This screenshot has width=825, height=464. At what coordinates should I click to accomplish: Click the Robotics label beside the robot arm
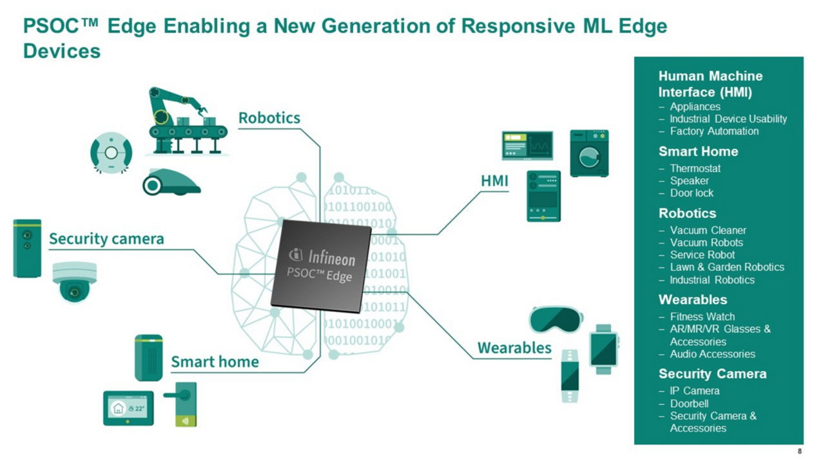click(x=269, y=118)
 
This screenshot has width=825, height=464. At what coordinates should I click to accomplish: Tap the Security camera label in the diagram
click(x=107, y=239)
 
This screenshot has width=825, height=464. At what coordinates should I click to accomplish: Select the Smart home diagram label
click(x=215, y=362)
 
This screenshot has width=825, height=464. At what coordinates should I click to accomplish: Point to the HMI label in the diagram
click(x=495, y=182)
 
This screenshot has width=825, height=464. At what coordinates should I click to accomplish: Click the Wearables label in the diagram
click(x=514, y=348)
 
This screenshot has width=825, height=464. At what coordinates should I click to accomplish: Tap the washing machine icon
click(x=589, y=153)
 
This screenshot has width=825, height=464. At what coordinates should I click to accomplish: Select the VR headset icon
click(x=556, y=319)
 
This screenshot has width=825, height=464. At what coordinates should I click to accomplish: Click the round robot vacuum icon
click(x=112, y=153)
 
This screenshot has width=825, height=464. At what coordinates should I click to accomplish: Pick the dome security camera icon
click(x=74, y=282)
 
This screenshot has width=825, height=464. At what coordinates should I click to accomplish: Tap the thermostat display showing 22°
click(x=128, y=408)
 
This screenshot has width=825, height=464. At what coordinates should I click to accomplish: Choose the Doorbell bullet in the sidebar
click(x=689, y=403)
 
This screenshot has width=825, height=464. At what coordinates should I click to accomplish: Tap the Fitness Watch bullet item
click(x=702, y=316)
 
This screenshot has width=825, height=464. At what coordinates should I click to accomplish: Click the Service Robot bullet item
click(x=702, y=255)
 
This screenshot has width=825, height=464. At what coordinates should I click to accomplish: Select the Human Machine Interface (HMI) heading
click(x=710, y=84)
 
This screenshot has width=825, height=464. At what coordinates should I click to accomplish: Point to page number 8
click(x=799, y=451)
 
